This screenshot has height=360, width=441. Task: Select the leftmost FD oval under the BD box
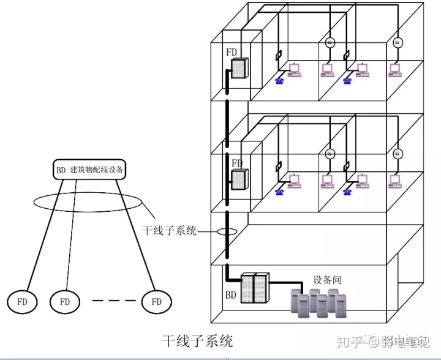tap(21, 301)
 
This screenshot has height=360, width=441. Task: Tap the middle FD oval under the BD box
tap(64, 301)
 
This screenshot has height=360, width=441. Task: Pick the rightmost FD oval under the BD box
tap(156, 301)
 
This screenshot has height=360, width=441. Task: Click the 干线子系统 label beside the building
tap(170, 231)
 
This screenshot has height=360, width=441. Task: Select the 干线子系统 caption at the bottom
tap(197, 340)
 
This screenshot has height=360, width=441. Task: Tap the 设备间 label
tap(327, 279)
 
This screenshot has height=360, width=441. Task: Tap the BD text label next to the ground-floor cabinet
tap(230, 294)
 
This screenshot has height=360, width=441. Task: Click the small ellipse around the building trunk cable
tap(227, 232)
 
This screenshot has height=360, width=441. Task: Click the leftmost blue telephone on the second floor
tap(280, 190)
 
